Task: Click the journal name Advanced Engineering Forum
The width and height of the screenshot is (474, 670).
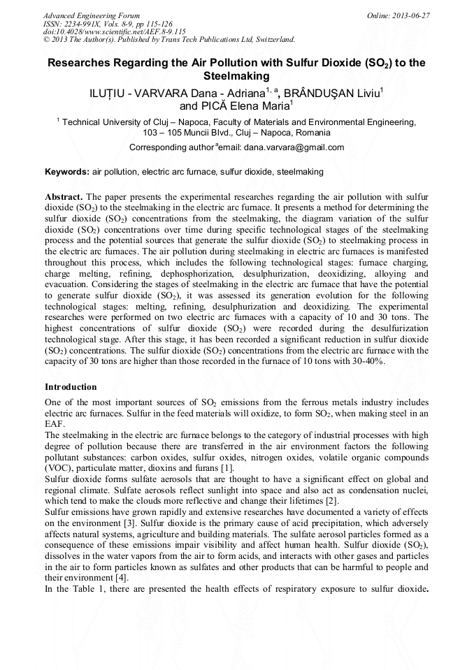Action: [91, 15]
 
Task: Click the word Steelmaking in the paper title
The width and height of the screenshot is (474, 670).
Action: [236, 75]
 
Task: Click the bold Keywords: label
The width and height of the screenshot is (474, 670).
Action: [67, 171]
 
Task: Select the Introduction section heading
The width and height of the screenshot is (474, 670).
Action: [71, 386]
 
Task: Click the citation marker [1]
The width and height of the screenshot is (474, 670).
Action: [229, 467]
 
